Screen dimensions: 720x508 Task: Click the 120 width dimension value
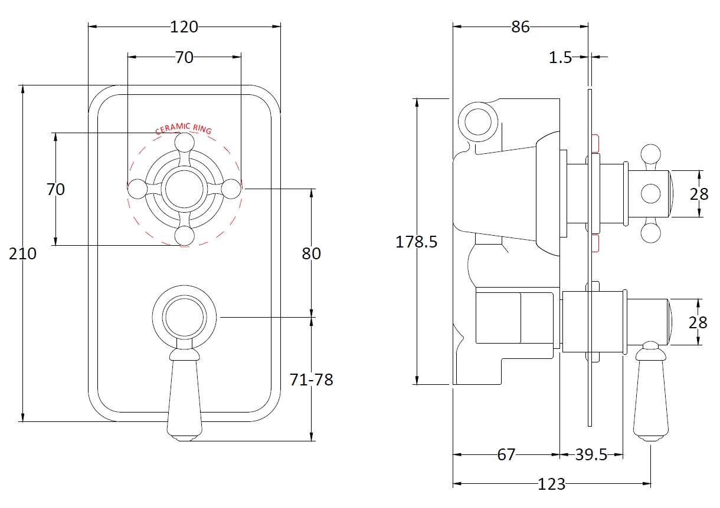click(x=184, y=27)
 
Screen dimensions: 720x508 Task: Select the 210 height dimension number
click(x=22, y=254)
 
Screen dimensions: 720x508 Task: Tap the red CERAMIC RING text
click(x=184, y=128)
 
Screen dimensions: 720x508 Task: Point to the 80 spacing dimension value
click(x=311, y=253)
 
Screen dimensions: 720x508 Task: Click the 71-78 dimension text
click(x=311, y=380)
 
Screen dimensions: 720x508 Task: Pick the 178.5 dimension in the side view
click(x=416, y=242)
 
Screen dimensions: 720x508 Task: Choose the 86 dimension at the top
click(x=521, y=27)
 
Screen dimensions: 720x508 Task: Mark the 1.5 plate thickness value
click(x=560, y=57)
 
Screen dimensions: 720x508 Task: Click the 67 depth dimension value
click(x=506, y=455)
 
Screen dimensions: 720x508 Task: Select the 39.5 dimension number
click(x=591, y=455)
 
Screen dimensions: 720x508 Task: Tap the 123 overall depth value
click(x=552, y=484)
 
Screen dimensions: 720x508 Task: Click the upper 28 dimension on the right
click(x=699, y=194)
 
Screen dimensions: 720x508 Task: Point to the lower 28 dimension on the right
click(x=698, y=322)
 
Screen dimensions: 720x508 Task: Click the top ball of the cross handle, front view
click(x=185, y=143)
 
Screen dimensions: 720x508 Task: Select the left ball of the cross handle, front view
click(x=138, y=189)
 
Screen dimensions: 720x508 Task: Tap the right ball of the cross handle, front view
click(x=231, y=189)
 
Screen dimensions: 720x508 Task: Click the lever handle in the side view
click(x=650, y=391)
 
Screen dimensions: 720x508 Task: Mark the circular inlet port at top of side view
click(x=478, y=122)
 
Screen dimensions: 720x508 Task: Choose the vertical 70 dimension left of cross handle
click(x=55, y=189)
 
